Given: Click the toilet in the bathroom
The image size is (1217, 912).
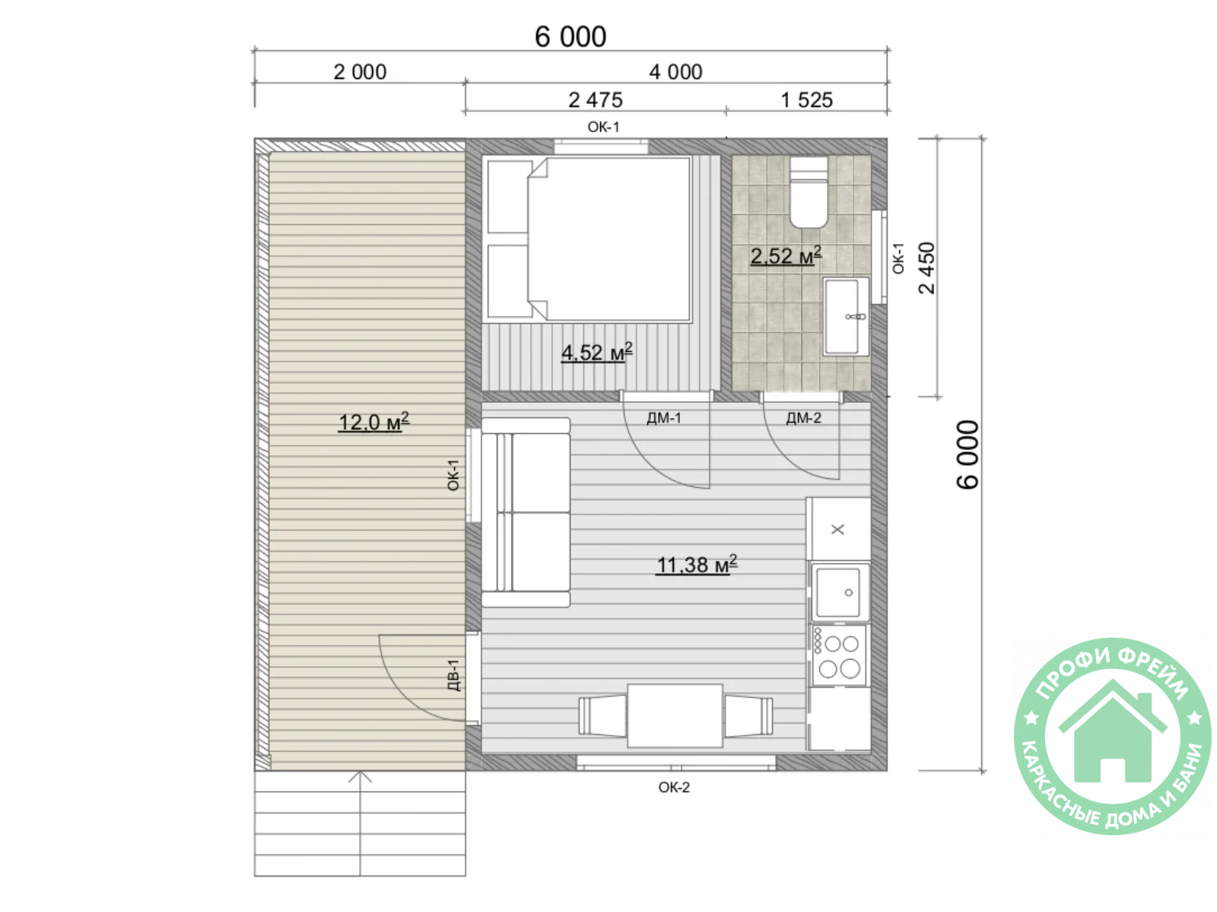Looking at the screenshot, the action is click(808, 192).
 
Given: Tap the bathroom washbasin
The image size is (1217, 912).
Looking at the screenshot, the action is click(844, 316).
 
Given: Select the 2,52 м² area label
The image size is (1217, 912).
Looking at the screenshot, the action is click(785, 256).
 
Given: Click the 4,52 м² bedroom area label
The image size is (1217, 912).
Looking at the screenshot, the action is click(596, 352).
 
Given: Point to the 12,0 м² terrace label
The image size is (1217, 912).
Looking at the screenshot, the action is click(373, 422).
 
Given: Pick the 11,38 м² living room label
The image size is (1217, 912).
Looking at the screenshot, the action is click(696, 565).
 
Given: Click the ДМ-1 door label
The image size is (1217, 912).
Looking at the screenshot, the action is click(663, 418).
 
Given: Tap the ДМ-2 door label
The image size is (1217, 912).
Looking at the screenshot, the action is click(802, 418).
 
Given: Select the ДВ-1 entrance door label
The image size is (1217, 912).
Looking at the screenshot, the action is click(453, 675).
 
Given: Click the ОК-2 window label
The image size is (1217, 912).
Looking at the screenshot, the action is click(673, 787).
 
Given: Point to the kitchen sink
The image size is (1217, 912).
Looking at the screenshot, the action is click(840, 591).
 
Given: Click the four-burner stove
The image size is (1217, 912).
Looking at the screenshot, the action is click(839, 656).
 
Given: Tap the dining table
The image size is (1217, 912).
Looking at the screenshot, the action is click(674, 715).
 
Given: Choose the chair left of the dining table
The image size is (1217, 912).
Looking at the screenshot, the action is click(602, 716).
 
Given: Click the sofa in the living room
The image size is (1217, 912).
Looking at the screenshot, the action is click(525, 512).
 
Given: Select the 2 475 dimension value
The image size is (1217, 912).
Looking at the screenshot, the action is click(595, 100).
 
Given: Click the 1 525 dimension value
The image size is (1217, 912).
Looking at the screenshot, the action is click(806, 100).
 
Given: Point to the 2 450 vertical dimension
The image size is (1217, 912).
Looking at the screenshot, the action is click(926, 268).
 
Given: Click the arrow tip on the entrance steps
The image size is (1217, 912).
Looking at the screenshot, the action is click(359, 771).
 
